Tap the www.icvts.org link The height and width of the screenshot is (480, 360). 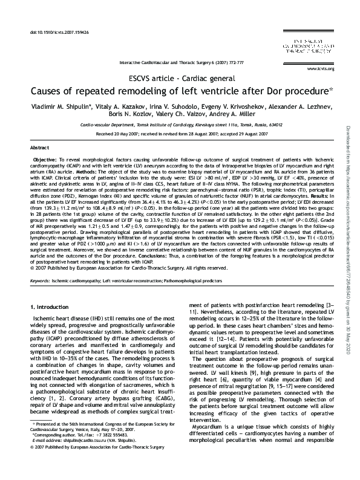[x=317, y=70]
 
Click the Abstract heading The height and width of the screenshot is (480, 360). [x=39, y=148]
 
